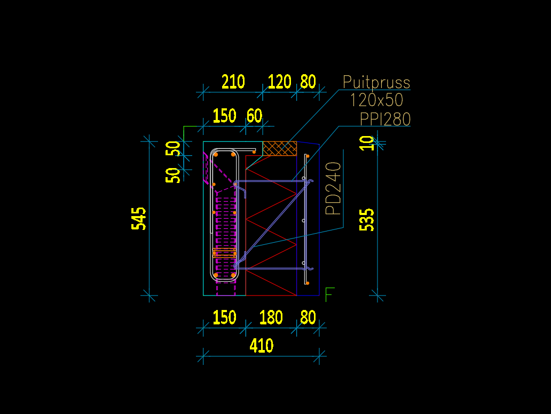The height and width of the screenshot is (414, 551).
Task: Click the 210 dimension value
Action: (x=233, y=82)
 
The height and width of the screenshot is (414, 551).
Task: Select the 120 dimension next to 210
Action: (x=279, y=82)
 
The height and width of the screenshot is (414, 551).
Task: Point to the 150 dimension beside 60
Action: (x=224, y=116)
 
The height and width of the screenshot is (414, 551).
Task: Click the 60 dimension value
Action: (x=255, y=116)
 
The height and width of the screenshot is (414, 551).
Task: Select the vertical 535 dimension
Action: (x=367, y=219)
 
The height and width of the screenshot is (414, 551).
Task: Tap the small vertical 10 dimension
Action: (x=367, y=143)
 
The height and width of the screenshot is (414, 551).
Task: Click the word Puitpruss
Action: (x=376, y=83)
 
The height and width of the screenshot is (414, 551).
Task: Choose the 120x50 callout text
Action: (x=376, y=100)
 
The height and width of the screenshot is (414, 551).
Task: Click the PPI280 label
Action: (x=385, y=119)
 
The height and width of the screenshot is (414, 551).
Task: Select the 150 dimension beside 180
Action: (x=224, y=317)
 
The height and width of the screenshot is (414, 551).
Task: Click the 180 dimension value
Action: (x=271, y=317)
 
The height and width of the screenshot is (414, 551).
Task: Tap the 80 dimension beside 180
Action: (x=308, y=317)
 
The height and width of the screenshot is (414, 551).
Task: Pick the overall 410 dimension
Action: (x=262, y=346)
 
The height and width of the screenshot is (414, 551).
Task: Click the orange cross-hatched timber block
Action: (x=280, y=148)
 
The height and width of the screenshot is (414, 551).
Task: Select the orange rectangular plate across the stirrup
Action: (x=224, y=253)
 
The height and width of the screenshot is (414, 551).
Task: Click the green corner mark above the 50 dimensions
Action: (x=185, y=128)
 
